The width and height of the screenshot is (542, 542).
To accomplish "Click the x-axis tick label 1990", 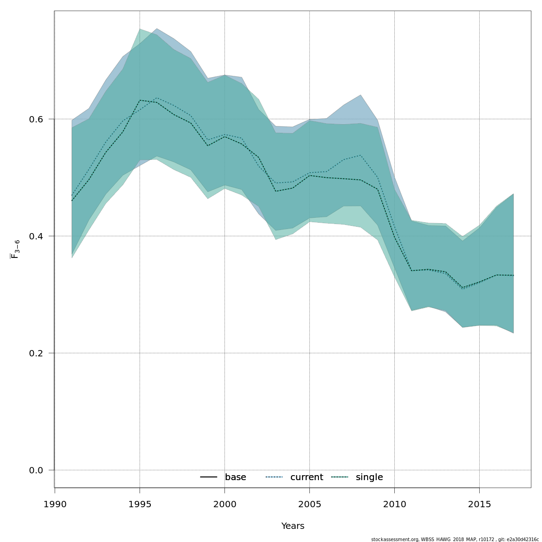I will pyautogui.click(x=55, y=504).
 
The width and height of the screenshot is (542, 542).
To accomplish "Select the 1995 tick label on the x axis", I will pyautogui.click(x=140, y=504).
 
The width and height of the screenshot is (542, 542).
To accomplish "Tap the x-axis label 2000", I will pyautogui.click(x=224, y=504).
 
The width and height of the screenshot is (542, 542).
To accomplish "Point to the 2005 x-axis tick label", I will pyautogui.click(x=309, y=504).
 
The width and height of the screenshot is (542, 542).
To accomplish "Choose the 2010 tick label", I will pyautogui.click(x=394, y=504).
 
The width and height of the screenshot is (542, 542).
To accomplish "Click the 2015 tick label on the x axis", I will pyautogui.click(x=479, y=504).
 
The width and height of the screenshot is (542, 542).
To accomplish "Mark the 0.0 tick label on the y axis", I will pyautogui.click(x=37, y=470).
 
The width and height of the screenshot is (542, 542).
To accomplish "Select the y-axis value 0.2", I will pyautogui.click(x=37, y=353).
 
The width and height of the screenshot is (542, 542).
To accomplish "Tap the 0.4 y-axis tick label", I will pyautogui.click(x=37, y=236).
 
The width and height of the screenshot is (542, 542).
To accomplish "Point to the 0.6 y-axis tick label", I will pyautogui.click(x=37, y=119).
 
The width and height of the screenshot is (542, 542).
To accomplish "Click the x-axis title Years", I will pyautogui.click(x=293, y=526).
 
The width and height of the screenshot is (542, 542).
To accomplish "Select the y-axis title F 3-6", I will pyautogui.click(x=15, y=249).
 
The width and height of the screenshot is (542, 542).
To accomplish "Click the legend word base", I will pyautogui.click(x=235, y=477).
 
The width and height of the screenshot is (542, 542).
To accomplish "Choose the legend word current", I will pyautogui.click(x=307, y=477).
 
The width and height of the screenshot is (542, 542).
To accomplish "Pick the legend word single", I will pyautogui.click(x=369, y=477).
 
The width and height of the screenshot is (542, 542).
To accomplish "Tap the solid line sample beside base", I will pyautogui.click(x=209, y=477).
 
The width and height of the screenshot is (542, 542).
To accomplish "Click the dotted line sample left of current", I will pyautogui.click(x=274, y=477).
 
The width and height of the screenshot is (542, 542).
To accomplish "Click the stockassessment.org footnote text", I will pyautogui.click(x=455, y=539).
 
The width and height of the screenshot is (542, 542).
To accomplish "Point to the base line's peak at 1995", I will pyautogui.click(x=140, y=100).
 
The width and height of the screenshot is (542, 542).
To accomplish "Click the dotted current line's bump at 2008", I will pyautogui.click(x=360, y=155).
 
